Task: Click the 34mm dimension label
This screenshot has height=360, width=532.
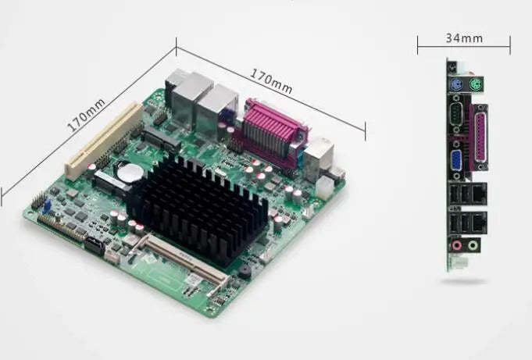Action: [x=464, y=38]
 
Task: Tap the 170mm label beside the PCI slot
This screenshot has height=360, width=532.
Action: [x=86, y=115]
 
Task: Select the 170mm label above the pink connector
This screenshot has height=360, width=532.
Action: [x=271, y=80]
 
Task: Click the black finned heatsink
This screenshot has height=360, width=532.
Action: [x=197, y=207]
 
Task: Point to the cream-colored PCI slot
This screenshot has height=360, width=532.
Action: [x=104, y=140]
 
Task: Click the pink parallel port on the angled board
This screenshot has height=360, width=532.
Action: [x=271, y=134]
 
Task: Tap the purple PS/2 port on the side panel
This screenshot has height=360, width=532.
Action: [x=455, y=84]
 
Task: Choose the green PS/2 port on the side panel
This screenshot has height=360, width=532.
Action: [x=476, y=84]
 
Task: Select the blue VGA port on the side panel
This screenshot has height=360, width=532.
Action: [x=456, y=162]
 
